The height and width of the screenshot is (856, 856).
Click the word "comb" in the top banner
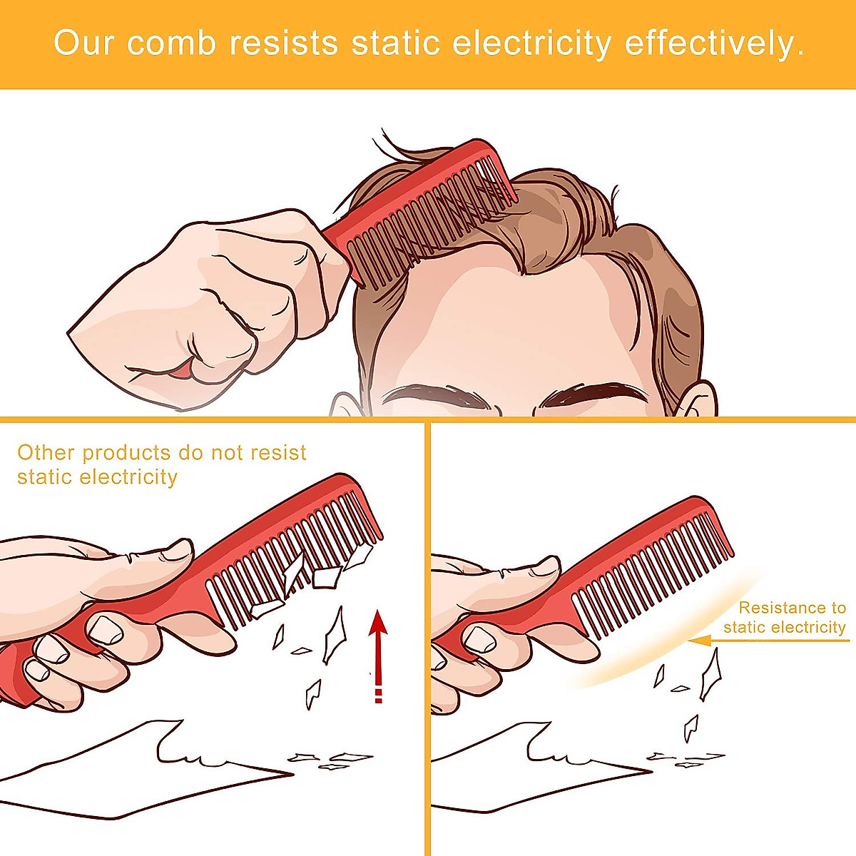coord(171,44)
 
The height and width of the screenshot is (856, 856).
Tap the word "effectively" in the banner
coord(714,44)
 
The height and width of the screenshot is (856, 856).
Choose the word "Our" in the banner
coord(84,44)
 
